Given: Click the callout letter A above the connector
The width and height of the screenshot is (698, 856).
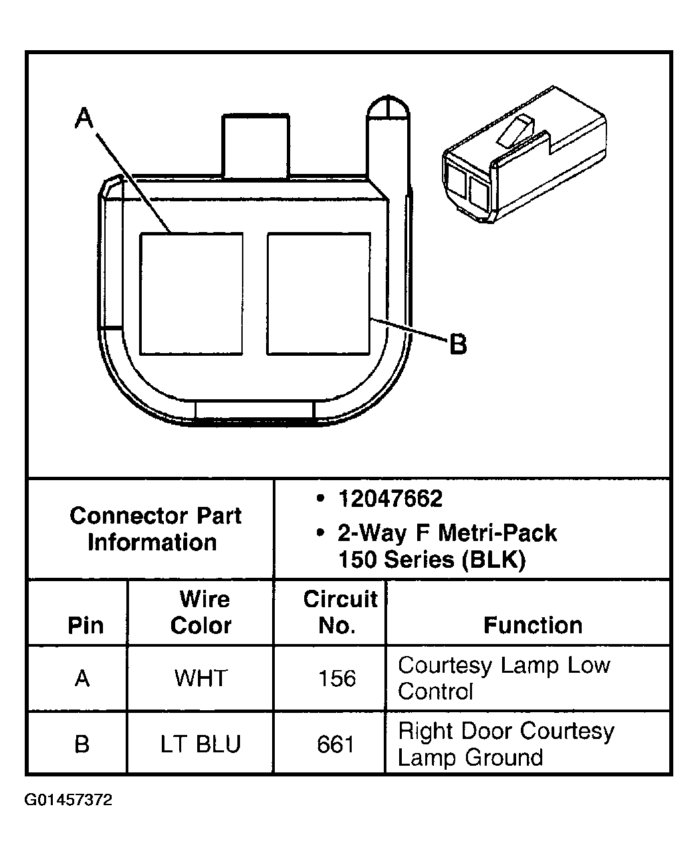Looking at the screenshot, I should click(84, 118).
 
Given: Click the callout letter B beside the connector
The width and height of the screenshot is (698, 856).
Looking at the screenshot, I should click(458, 344).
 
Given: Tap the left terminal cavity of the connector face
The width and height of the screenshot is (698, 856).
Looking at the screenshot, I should click(191, 294).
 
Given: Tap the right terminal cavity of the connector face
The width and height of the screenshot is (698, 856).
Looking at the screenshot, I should click(318, 294).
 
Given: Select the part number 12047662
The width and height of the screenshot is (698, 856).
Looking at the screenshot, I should click(390, 499).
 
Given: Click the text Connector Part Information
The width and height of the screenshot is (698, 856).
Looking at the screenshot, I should click(154, 529).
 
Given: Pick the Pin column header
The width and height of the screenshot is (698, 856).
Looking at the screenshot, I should click(86, 625).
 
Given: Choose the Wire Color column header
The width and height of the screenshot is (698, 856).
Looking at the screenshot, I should click(201, 612).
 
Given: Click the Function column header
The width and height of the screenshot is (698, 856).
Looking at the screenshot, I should click(533, 625).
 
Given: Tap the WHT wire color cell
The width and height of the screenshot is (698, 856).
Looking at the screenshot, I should click(201, 678).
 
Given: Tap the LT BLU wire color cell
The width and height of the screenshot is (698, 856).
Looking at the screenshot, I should click(201, 744).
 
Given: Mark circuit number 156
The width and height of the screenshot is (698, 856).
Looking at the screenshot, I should click(337, 678).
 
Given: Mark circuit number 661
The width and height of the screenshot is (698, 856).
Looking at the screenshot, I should click(336, 744).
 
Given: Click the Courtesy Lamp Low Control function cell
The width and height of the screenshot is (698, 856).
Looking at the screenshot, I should click(504, 678).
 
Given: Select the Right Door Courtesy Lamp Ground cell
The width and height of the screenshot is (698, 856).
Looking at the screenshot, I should click(505, 744).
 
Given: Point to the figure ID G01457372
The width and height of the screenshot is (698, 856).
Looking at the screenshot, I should click(69, 800).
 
